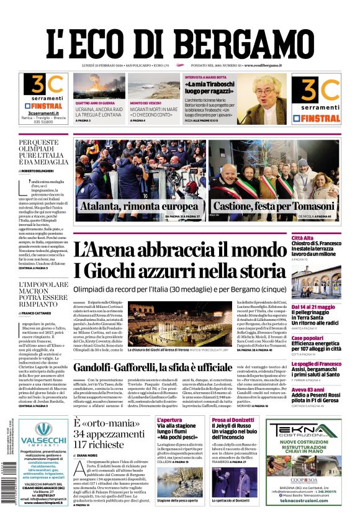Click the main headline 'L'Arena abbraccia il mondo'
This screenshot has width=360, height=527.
180,250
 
